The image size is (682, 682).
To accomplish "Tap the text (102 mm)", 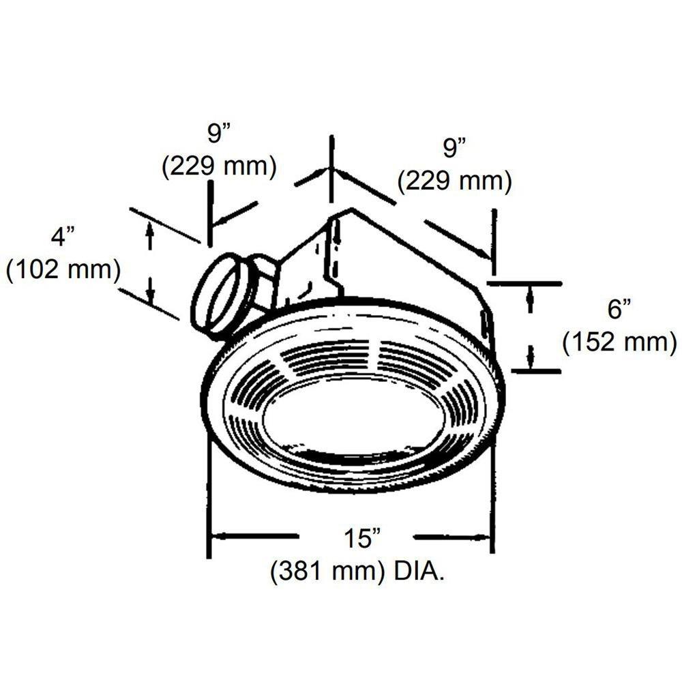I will (x=63, y=269).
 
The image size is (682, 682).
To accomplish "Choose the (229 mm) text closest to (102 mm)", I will (x=218, y=166).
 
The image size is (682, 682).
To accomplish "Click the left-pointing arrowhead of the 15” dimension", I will (x=217, y=536).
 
